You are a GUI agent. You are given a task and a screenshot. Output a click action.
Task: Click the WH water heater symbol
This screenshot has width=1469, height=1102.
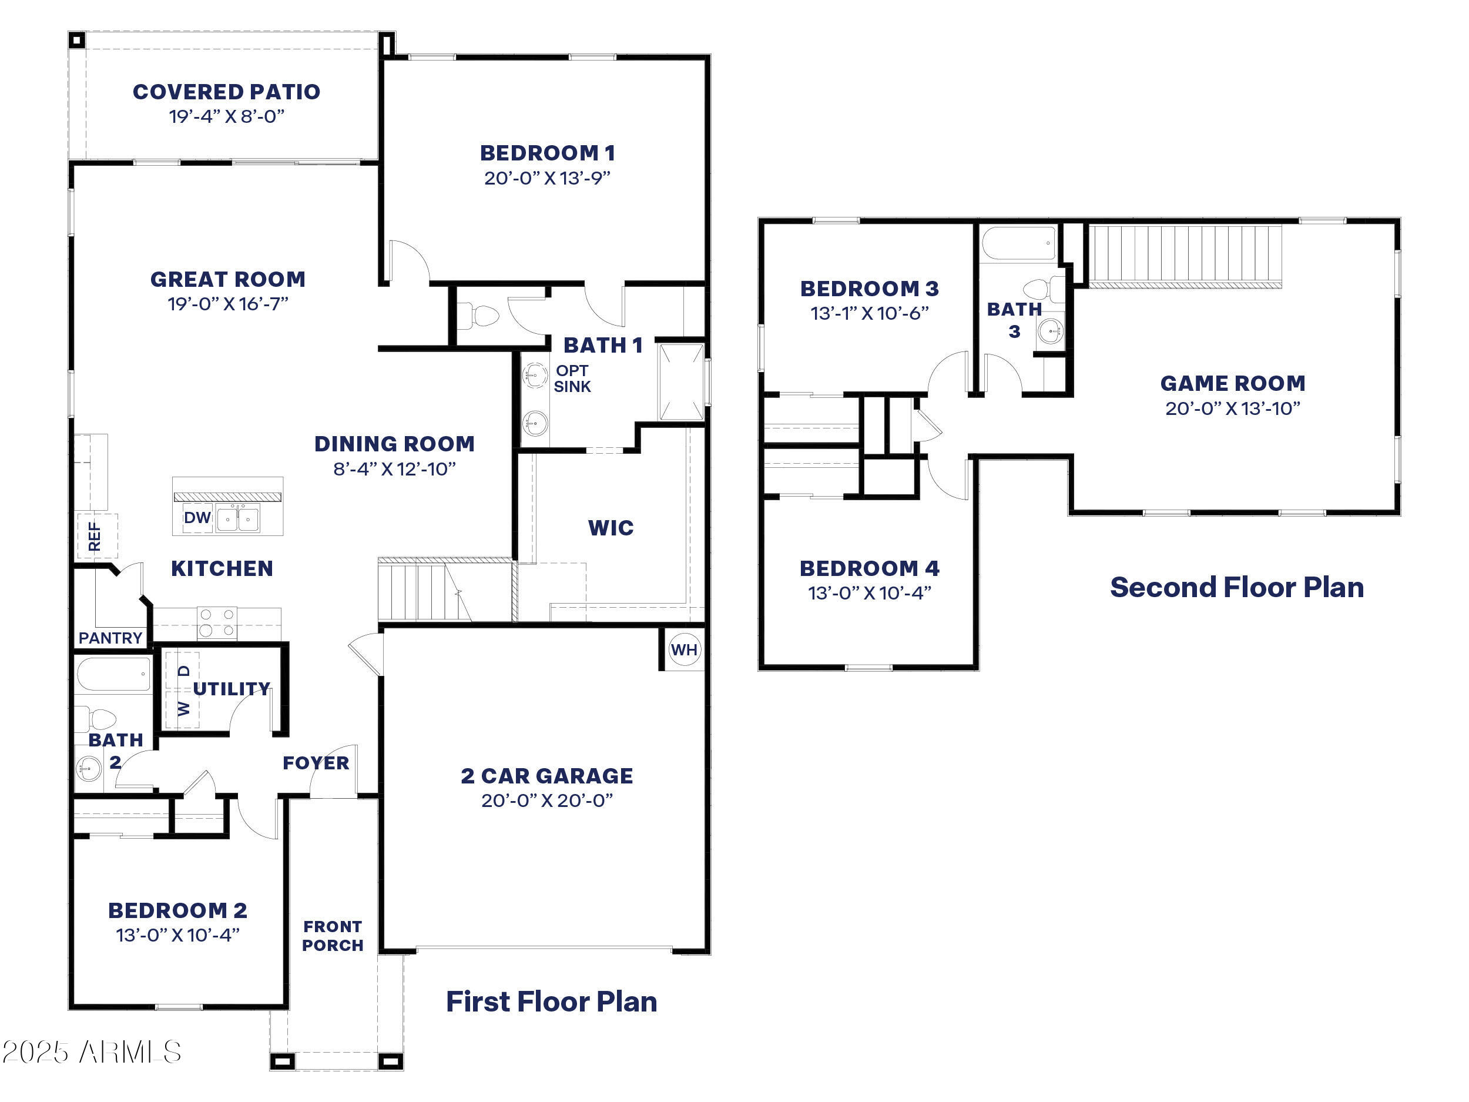pyautogui.click(x=684, y=649)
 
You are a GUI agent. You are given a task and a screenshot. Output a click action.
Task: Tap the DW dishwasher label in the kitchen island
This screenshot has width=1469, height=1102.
pyautogui.click(x=197, y=517)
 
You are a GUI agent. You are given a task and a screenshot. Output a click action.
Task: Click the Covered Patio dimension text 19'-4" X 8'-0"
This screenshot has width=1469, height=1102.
pyautogui.click(x=226, y=117)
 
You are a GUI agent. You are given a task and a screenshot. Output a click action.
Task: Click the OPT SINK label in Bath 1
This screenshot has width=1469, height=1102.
pyautogui.click(x=572, y=379)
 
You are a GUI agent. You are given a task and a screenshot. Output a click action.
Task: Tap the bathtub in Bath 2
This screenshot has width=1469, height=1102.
pyautogui.click(x=113, y=674)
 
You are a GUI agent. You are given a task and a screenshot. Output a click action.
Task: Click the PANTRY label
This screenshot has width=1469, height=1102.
pyautogui.click(x=110, y=638)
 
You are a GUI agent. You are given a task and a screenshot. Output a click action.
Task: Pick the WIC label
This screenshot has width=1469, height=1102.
pyautogui.click(x=611, y=528)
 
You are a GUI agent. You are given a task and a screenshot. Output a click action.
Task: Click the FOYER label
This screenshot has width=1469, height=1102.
pyautogui.click(x=316, y=762)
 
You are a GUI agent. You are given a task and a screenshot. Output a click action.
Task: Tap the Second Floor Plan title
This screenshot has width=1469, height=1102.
pyautogui.click(x=1236, y=588)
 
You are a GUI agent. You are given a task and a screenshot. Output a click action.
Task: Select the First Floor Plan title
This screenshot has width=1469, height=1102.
pyautogui.click(x=551, y=1001)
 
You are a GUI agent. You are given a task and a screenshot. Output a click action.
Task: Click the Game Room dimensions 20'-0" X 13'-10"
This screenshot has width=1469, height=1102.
pyautogui.click(x=1233, y=408)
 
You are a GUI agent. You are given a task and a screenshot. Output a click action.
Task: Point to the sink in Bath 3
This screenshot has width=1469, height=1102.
pyautogui.click(x=1050, y=331)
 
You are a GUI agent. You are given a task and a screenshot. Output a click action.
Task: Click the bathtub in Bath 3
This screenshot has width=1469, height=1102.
pyautogui.click(x=1018, y=244)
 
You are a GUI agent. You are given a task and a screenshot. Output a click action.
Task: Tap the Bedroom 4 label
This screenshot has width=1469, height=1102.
pyautogui.click(x=869, y=568)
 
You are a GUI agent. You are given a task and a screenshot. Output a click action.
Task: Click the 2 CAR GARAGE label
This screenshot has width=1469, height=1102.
pyautogui.click(x=546, y=776)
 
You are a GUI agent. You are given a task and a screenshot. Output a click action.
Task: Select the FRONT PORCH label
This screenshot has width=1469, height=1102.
pyautogui.click(x=333, y=936)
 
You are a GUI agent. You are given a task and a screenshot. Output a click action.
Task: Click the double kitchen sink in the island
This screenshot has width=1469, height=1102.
pyautogui.click(x=239, y=520)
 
